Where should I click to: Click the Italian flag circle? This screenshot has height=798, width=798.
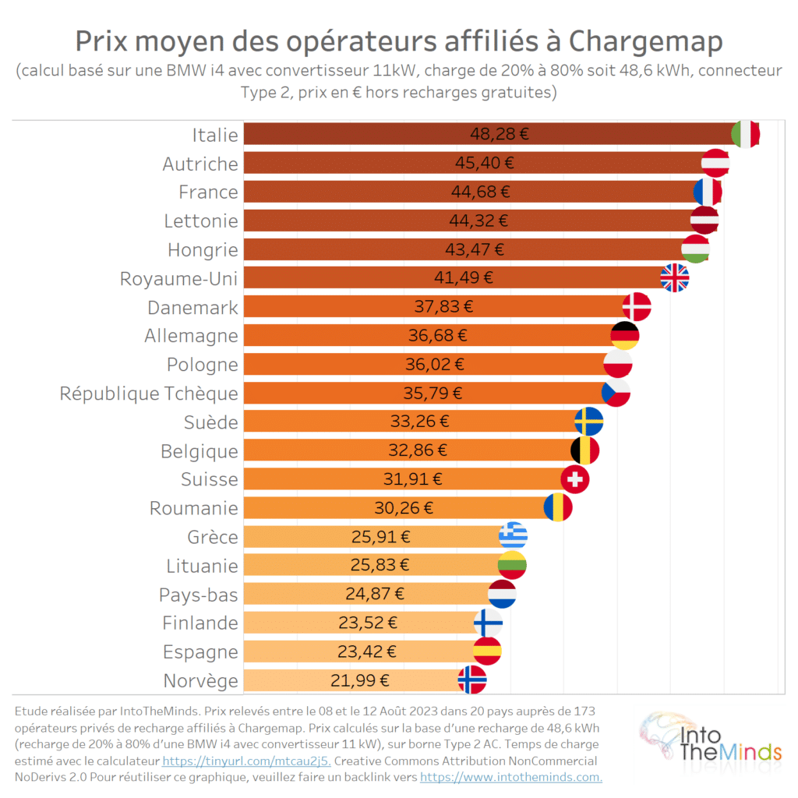746,134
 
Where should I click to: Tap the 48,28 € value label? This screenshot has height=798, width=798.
499,134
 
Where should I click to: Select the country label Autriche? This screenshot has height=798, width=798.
200,164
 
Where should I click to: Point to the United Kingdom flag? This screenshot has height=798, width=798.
675,277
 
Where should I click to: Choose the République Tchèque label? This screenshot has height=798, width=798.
149,393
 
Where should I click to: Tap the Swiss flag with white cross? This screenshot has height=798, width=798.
575,479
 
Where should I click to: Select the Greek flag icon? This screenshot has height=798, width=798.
513,536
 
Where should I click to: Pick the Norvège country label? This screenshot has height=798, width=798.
200,680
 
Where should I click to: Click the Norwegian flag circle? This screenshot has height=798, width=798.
472,680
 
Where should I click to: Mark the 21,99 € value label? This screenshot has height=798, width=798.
360,680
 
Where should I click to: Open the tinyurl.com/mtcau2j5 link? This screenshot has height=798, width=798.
246,761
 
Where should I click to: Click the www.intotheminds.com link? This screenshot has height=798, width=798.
510,777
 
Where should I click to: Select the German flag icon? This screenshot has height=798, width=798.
625,336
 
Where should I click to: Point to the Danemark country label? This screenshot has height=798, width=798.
192,307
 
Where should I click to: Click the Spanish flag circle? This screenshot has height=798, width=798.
487,651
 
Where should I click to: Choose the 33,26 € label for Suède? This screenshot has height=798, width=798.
419,422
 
